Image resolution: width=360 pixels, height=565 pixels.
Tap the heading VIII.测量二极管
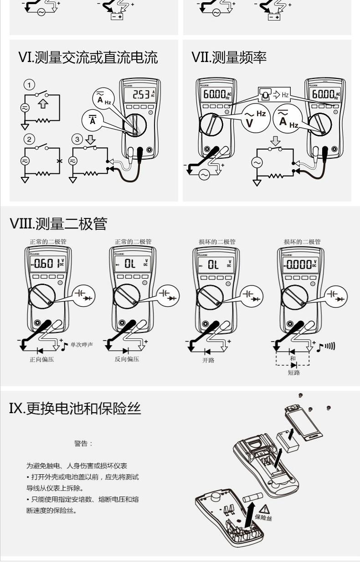pos(58,224)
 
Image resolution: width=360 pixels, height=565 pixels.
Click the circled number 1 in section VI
pos(29,84)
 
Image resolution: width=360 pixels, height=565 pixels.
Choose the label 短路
pos(293,372)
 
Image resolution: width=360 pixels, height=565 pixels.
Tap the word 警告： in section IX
pos(83,443)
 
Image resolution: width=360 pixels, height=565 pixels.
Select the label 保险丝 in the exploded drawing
pos(263,518)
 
